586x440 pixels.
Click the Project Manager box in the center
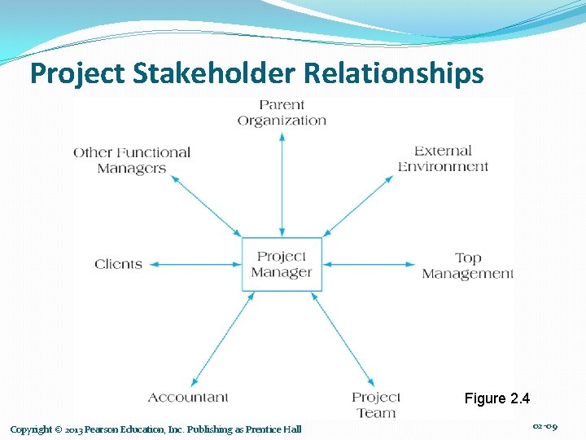tap(282, 264)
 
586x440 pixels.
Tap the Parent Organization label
tap(282, 112)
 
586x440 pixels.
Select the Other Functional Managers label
tap(132, 160)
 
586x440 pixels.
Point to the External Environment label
tap(443, 158)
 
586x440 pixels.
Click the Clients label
tap(118, 264)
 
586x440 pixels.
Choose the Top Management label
tap(467, 266)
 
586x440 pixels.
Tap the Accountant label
tap(188, 398)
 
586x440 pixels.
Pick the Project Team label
tap(376, 404)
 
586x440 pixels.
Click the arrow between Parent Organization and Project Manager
tap(282, 183)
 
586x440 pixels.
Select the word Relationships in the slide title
tap(394, 74)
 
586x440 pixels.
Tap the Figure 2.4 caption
tap(496, 398)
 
